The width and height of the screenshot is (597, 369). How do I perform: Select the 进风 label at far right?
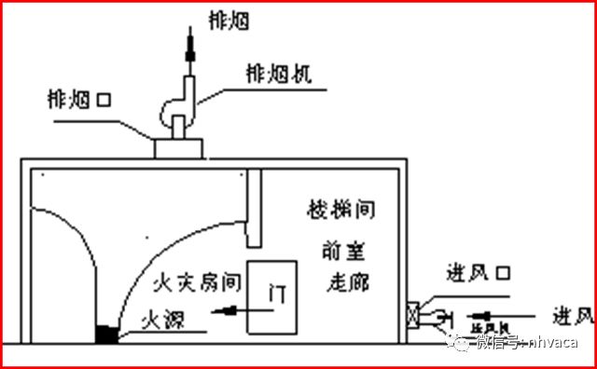click(x=571, y=312)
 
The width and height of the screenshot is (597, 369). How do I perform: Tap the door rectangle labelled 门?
click(x=271, y=297)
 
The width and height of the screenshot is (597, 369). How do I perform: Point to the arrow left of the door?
click(x=228, y=311)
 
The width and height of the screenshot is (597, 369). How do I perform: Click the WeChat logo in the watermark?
click(x=460, y=342)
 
